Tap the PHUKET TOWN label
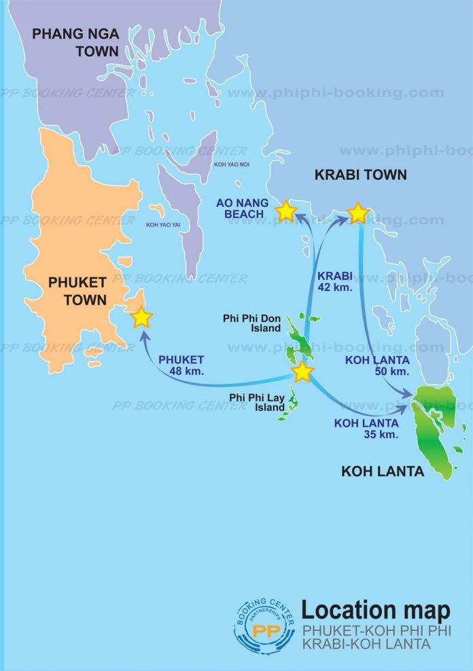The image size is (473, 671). (x=77, y=290)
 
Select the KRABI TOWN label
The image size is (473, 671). (x=360, y=175)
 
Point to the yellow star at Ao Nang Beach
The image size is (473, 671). (x=285, y=212)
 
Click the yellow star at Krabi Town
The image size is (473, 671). (x=357, y=213)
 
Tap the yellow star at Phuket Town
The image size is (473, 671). (x=141, y=317)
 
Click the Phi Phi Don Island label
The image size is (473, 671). (x=251, y=323)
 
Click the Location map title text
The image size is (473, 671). (x=375, y=609)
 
